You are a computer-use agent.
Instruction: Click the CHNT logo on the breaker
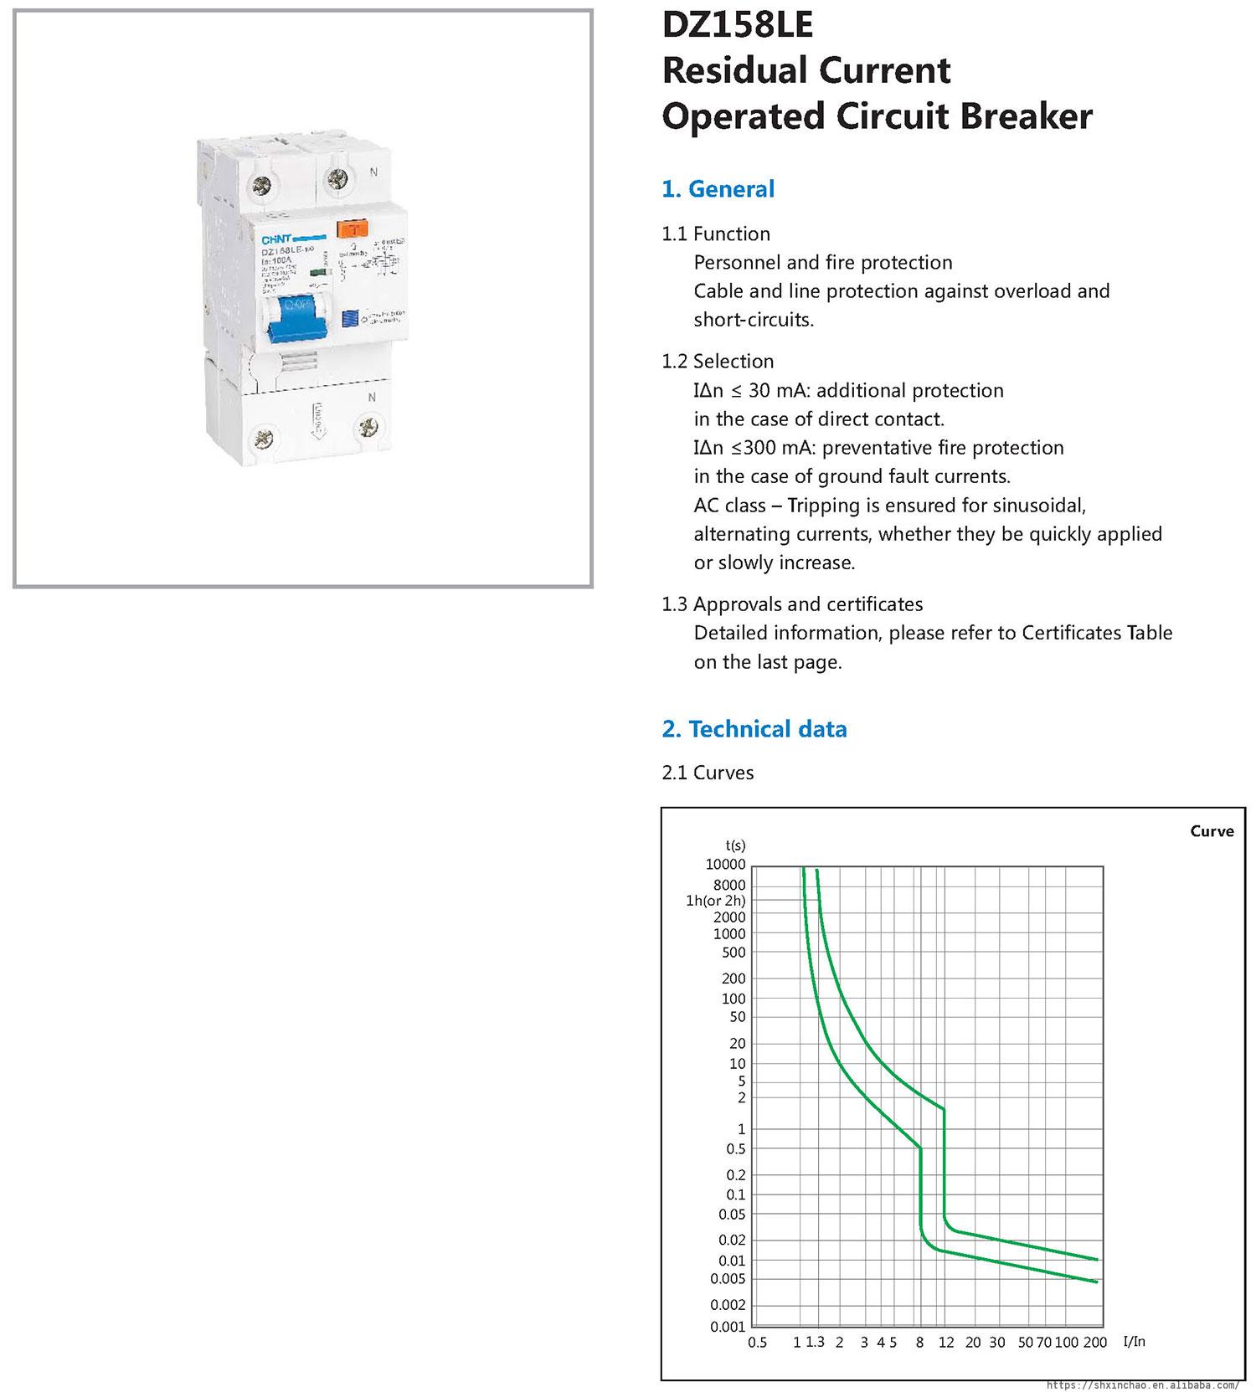point(277,239)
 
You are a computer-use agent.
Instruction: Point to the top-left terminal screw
point(261,180)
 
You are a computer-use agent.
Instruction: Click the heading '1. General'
point(718,189)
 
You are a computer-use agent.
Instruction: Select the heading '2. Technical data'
point(754,729)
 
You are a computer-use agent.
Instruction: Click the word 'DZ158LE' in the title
point(737,25)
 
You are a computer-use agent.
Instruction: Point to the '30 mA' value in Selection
point(769,391)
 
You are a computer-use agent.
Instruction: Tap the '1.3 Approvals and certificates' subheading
point(792,604)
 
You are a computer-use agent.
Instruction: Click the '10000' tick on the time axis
point(725,864)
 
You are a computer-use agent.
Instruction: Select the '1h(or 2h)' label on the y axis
point(715,901)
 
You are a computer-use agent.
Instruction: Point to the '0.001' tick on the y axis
point(727,1327)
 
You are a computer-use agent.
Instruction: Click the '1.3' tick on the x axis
point(815,1342)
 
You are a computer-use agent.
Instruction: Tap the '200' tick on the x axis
point(1094,1343)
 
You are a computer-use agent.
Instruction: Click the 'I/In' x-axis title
point(1134,1341)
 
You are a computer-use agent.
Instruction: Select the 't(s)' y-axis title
point(735,846)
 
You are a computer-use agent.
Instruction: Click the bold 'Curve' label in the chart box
point(1212,831)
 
